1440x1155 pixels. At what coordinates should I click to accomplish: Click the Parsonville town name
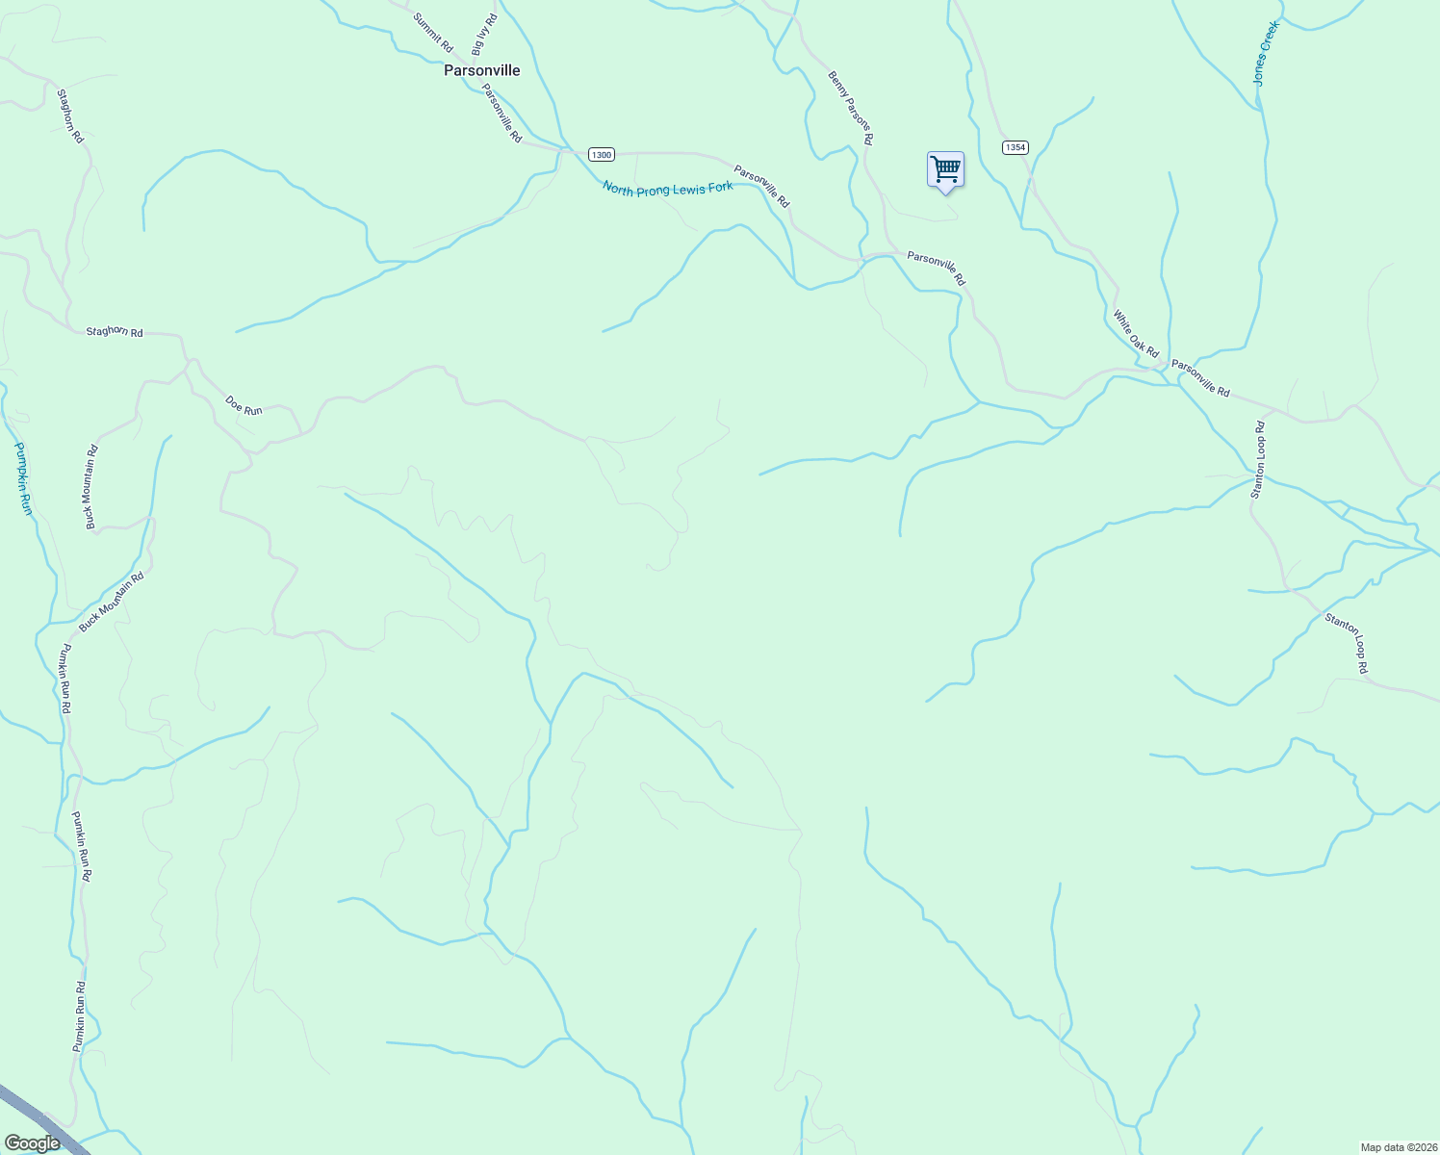[481, 70]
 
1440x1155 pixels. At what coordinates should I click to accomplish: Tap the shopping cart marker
[945, 169]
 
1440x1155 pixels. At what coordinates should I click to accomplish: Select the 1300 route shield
[601, 154]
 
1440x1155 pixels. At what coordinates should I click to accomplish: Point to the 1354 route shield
[1015, 147]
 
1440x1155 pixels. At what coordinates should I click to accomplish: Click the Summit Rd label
[433, 32]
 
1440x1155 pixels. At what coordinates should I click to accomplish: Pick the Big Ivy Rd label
[484, 34]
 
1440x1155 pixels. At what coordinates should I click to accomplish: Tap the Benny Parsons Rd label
[851, 107]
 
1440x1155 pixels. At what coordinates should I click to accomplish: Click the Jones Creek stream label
[1267, 54]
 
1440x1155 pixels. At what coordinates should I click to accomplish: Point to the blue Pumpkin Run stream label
[23, 478]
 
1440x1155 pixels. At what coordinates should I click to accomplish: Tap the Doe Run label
[244, 404]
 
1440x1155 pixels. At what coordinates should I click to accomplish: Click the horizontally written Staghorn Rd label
[115, 331]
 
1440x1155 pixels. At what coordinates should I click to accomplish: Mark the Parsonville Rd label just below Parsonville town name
[501, 114]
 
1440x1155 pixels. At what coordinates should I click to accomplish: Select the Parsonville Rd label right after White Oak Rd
[1200, 377]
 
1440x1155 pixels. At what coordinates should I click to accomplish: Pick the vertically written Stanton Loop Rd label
[1258, 459]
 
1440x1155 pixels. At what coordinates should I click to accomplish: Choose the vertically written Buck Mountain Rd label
[91, 486]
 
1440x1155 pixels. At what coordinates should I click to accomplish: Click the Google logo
[33, 1143]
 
